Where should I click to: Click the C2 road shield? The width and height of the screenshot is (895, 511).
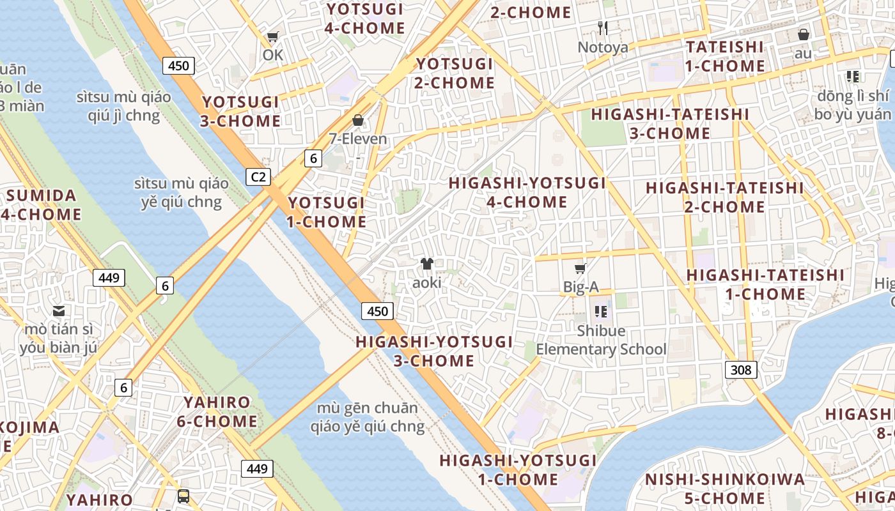coord(258,177)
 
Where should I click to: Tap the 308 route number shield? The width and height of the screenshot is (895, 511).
coord(741,369)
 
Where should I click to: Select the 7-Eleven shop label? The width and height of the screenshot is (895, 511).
coord(358,139)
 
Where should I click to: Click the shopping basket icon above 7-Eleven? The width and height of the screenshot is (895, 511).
coord(358,120)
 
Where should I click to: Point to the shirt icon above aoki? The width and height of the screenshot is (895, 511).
coord(427,263)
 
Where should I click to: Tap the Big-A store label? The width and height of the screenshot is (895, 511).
coord(580,287)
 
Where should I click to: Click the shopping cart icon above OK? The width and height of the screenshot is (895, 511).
coord(273,37)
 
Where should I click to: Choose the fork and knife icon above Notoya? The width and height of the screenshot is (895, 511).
coord(602,28)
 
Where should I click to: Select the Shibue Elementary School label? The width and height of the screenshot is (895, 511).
coord(601,340)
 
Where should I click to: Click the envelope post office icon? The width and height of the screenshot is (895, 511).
coord(59,311)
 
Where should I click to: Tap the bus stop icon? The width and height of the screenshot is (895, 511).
coord(183,496)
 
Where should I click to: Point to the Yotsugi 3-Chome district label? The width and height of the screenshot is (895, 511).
coord(241,112)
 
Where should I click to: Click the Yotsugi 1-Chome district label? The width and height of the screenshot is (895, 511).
coord(327,212)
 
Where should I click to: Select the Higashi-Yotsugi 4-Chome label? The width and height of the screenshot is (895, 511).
coord(527,192)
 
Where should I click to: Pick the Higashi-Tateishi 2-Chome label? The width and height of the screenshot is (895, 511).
coord(724,197)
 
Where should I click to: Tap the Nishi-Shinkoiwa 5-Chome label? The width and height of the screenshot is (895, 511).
coord(724,489)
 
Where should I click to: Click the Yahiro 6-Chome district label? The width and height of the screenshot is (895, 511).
coord(217,412)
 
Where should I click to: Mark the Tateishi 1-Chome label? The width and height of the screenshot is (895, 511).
coord(725,56)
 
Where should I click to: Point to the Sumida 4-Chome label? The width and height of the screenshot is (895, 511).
coord(40,205)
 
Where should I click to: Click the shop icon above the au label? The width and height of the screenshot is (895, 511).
coord(803,34)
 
